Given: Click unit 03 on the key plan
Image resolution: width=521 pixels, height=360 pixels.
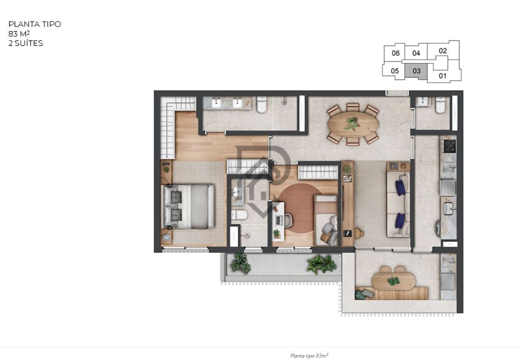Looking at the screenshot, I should click(x=416, y=71).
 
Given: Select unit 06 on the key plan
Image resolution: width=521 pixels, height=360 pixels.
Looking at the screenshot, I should click(x=395, y=53).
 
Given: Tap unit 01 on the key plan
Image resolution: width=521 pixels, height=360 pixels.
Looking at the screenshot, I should click(x=443, y=76).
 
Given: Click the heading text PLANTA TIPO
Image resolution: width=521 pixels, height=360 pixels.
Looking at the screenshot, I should click(x=35, y=24).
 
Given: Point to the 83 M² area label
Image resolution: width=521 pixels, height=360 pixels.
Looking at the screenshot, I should click(x=19, y=34).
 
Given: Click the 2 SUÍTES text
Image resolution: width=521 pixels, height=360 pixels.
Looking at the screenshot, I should click(x=25, y=43).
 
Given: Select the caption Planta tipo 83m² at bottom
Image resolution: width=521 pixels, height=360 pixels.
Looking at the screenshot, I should click(x=309, y=355).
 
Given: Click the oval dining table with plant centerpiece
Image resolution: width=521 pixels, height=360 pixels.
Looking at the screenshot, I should click(x=353, y=124).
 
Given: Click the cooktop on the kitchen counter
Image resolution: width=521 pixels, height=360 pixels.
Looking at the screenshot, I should click(x=448, y=145).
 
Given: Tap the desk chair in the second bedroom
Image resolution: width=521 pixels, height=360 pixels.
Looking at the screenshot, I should click(x=287, y=220).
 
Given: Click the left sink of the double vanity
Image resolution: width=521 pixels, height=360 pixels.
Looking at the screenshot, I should click(x=217, y=103).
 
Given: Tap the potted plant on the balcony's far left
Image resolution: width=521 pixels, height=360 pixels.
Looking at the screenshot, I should click(x=240, y=263).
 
